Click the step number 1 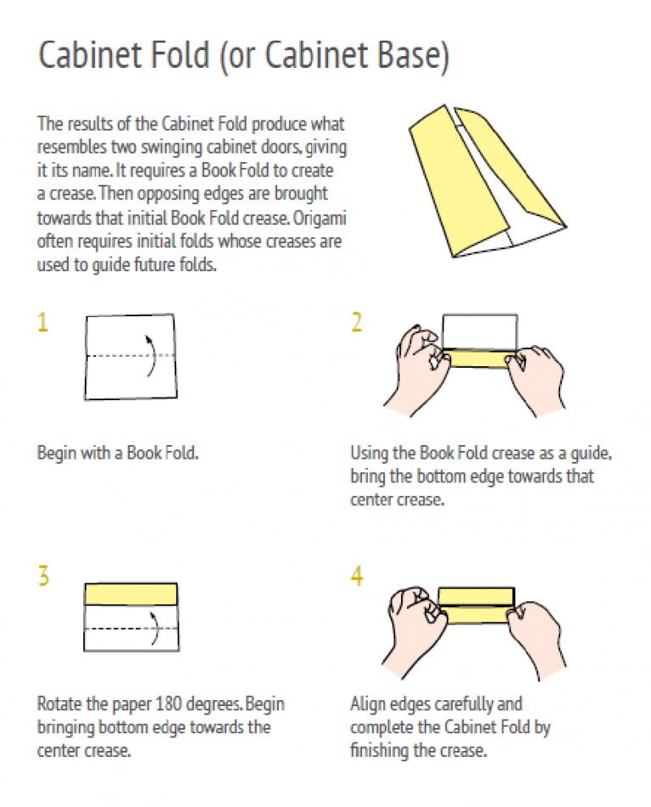(x=43, y=322)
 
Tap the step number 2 (x=356, y=322)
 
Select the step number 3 (x=44, y=576)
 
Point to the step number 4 (x=357, y=576)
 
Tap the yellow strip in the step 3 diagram (x=131, y=594)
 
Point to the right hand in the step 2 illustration (x=535, y=378)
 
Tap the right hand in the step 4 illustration (x=535, y=638)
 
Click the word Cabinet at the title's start (x=91, y=54)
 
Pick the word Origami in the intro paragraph (x=320, y=219)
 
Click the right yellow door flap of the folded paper (x=509, y=164)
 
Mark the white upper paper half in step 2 (x=480, y=332)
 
